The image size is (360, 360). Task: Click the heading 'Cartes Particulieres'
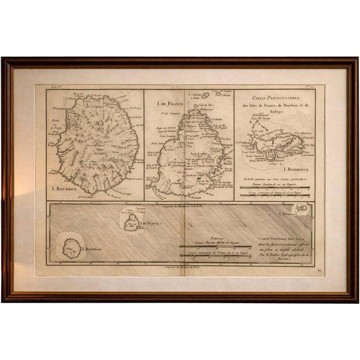[274, 97]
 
